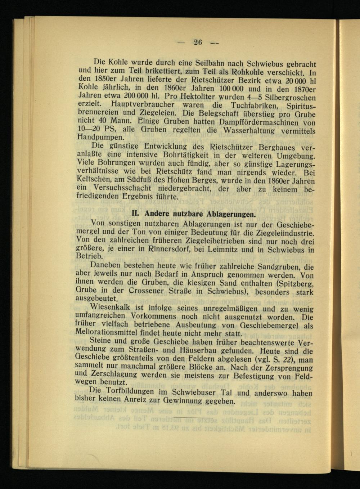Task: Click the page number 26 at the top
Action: (198, 42)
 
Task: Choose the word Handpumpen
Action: (96, 137)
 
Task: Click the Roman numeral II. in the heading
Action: (137, 214)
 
